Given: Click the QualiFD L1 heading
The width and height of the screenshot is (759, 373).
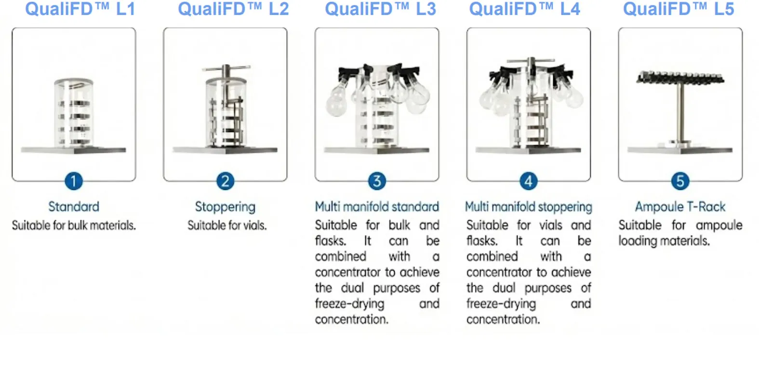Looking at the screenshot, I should point(80,9).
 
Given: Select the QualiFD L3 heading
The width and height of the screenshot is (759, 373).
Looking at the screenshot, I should point(380,9).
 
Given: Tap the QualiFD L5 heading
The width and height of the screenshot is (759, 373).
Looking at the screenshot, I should point(679,9).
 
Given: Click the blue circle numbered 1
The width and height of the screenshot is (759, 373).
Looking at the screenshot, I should point(74,181).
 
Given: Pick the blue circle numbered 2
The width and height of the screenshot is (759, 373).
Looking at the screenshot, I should point(225,181).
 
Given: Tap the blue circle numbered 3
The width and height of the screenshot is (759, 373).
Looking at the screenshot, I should point(377,181).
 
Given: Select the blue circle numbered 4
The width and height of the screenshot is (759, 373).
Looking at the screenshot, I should point(528,181).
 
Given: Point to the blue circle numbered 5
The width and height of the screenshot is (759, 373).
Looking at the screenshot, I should point(680,181).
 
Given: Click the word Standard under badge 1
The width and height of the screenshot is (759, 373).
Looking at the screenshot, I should point(74,207).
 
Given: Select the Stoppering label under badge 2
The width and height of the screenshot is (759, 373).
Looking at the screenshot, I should point(225,207).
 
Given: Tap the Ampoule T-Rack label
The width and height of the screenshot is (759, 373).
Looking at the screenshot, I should point(680,207).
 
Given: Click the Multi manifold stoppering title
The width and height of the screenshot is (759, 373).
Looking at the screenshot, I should point(528,207).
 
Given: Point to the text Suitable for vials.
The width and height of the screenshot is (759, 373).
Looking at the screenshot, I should point(227,226).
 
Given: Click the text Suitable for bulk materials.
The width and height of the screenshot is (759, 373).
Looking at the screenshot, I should point(74,226).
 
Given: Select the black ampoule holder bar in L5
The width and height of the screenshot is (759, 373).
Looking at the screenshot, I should point(680,77).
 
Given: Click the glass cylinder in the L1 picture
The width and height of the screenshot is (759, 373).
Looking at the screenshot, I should point(74,113).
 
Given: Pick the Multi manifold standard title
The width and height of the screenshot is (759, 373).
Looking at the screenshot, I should point(377,207).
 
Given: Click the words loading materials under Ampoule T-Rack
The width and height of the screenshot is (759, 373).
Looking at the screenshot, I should point(664,241).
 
